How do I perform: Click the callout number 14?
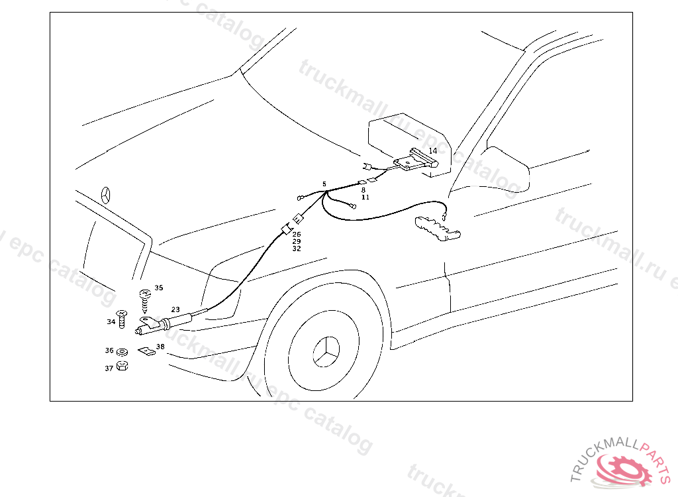tap(432, 151)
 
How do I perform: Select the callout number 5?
tap(324, 184)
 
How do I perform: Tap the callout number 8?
tap(363, 190)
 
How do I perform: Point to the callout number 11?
tap(365, 197)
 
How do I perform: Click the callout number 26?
tap(297, 235)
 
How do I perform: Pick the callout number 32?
tap(297, 249)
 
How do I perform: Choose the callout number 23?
tap(175, 309)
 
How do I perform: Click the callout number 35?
tap(159, 288)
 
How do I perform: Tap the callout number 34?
tap(111, 322)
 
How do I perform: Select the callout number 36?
tap(109, 351)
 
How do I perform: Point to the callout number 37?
tap(109, 368)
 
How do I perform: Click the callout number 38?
tap(160, 347)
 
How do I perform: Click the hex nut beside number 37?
tap(122, 366)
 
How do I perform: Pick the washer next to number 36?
tap(122, 351)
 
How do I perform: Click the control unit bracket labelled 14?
tap(414, 160)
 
